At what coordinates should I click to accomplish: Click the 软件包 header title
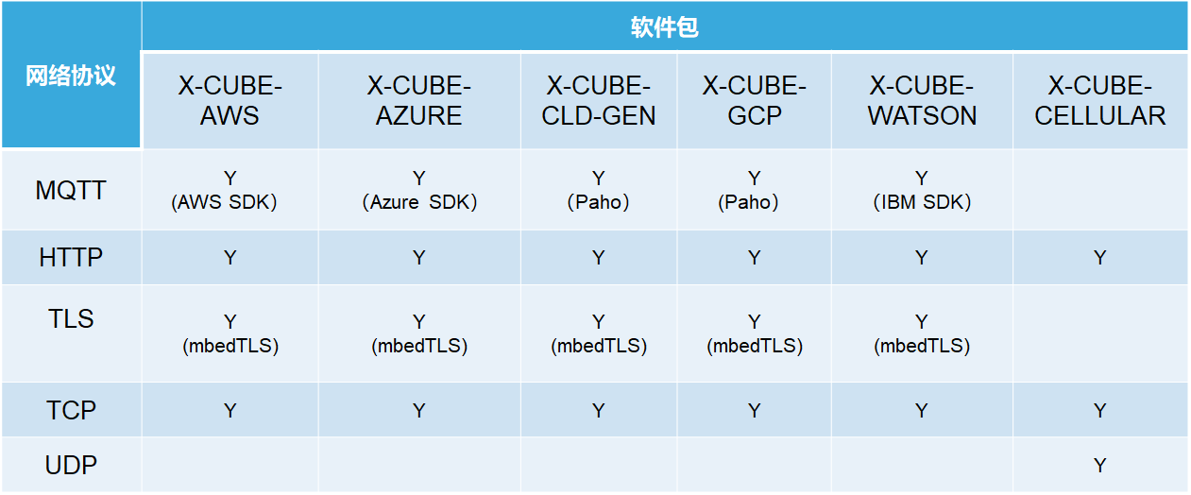pos(664,27)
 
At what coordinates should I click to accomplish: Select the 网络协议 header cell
pos(71,76)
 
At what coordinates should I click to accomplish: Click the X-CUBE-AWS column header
pos(230,100)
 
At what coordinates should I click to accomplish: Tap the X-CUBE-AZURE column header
pos(419,100)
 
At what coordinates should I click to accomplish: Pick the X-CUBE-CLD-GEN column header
pos(599,100)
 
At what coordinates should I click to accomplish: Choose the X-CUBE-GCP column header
pos(755,100)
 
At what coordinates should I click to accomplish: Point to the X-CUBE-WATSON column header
pos(922,100)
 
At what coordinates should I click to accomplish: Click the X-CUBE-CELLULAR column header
pos(1100,100)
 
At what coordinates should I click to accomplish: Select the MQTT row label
pos(71,190)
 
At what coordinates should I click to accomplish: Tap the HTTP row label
pos(71,257)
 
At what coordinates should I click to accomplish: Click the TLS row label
pos(71,319)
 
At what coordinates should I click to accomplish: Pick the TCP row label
pos(71,411)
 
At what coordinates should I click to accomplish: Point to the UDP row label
pos(71,465)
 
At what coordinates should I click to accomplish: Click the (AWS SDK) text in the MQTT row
pos(224,202)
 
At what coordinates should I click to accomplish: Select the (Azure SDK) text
pos(419,202)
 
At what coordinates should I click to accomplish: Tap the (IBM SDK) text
pos(922,202)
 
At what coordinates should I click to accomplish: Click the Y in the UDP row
pos(1100,466)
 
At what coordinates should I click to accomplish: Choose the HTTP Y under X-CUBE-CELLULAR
pos(1100,258)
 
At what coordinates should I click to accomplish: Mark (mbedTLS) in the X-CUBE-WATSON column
pos(922,346)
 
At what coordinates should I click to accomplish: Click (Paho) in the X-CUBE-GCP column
pos(748,202)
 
